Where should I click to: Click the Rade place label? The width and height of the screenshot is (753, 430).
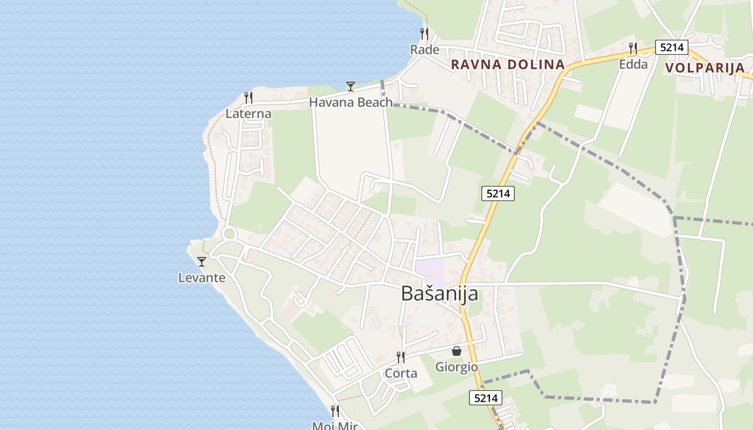click(x=424, y=50)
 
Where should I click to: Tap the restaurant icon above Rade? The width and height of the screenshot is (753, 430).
click(x=424, y=33)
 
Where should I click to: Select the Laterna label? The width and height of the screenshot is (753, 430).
click(x=248, y=114)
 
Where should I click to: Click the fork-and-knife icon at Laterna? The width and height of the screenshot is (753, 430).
click(x=248, y=97)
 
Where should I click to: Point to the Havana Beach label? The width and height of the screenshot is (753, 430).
click(x=350, y=102)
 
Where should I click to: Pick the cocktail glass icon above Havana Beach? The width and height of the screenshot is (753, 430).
click(x=351, y=86)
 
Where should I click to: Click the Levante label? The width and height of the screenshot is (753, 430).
click(x=202, y=278)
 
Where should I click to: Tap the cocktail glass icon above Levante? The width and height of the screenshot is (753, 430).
click(x=202, y=262)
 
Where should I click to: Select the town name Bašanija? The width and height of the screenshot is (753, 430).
click(x=439, y=293)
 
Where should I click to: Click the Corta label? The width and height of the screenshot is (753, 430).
click(x=401, y=373)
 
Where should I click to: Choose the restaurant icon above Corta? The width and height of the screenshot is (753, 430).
click(x=401, y=357)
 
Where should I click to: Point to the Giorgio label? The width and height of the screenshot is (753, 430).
click(x=456, y=367)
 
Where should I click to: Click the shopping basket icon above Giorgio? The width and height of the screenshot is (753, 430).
click(x=457, y=351)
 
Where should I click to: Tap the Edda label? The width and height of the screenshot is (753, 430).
click(x=633, y=64)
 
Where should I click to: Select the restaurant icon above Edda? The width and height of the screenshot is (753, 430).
click(x=633, y=48)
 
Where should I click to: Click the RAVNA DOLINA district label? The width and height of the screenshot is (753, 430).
click(x=507, y=64)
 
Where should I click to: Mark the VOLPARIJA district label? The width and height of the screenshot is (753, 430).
click(x=705, y=68)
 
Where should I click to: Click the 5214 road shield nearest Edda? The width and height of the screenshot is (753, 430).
click(x=672, y=47)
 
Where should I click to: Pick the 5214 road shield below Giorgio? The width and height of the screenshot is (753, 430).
click(x=486, y=398)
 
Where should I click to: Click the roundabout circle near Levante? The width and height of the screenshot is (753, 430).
click(x=230, y=233)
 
